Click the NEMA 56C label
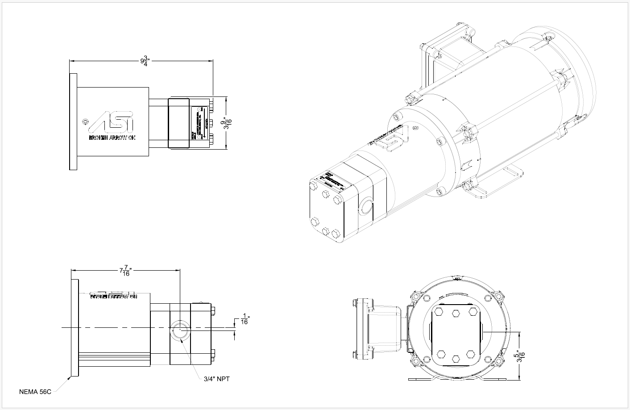click(x=35, y=392)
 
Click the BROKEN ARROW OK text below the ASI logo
click(x=112, y=138)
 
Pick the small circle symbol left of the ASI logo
click(x=86, y=121)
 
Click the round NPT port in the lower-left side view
click(x=179, y=332)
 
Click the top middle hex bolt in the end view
click(x=456, y=313)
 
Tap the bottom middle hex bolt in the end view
click(x=456, y=358)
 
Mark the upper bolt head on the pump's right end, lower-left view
click(x=213, y=311)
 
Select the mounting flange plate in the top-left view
click(x=73, y=122)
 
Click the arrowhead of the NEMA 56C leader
click(x=69, y=378)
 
